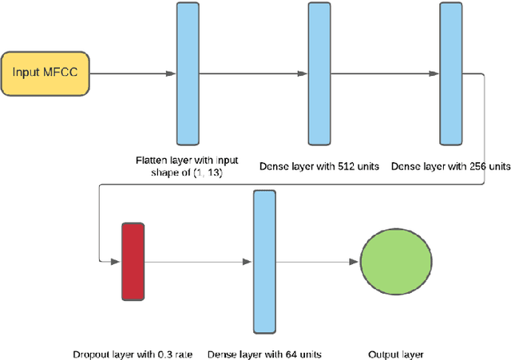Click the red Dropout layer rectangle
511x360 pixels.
133,261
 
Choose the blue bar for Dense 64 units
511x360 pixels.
264,261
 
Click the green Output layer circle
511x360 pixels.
397,261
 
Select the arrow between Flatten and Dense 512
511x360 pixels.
253,74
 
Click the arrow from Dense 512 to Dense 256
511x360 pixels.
386,74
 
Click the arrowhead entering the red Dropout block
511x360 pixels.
116,261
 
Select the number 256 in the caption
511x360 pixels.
471,167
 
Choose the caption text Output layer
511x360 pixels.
396,354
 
